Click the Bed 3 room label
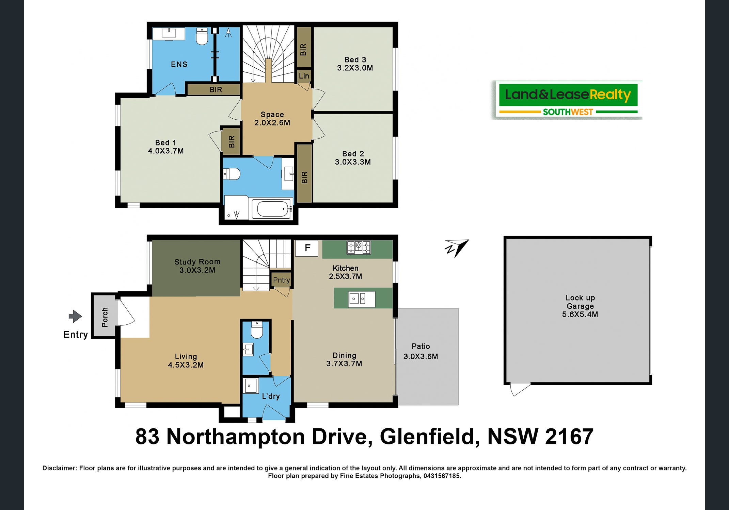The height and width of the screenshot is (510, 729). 355,60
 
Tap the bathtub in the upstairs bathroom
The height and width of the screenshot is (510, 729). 271,209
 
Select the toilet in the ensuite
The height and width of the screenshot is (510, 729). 202,36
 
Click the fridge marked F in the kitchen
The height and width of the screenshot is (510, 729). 307,248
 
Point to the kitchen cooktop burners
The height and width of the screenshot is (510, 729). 359,247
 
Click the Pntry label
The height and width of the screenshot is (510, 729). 281,280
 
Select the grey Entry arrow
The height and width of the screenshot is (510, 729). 75,317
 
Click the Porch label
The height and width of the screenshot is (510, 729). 105,317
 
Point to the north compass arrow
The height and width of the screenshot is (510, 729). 457,248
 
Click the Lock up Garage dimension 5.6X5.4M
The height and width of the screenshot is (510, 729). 580,314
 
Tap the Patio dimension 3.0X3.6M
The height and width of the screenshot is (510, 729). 421,356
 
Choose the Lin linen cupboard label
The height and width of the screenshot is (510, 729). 304,76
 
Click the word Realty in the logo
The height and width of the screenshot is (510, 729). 610,95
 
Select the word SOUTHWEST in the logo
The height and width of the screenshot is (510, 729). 568,112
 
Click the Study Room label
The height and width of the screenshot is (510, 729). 197,262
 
